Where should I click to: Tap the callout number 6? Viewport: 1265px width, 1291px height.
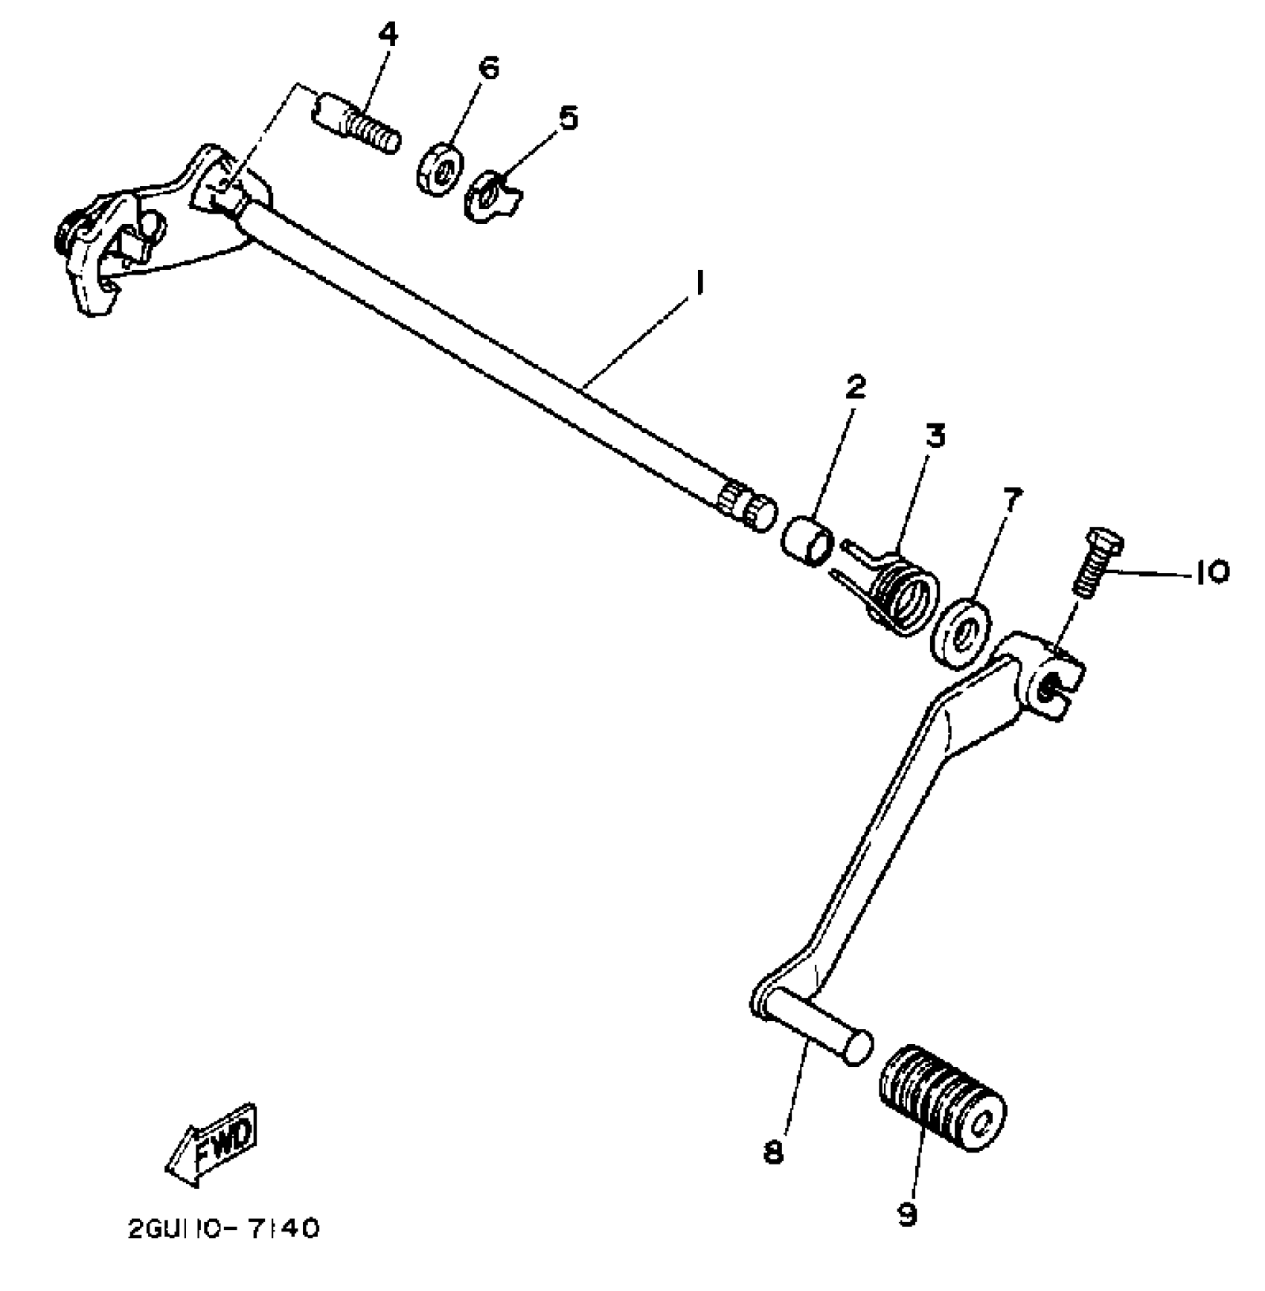click(487, 68)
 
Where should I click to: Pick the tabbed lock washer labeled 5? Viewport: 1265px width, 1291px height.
click(490, 199)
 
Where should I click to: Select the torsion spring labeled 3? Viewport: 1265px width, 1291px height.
click(897, 590)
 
